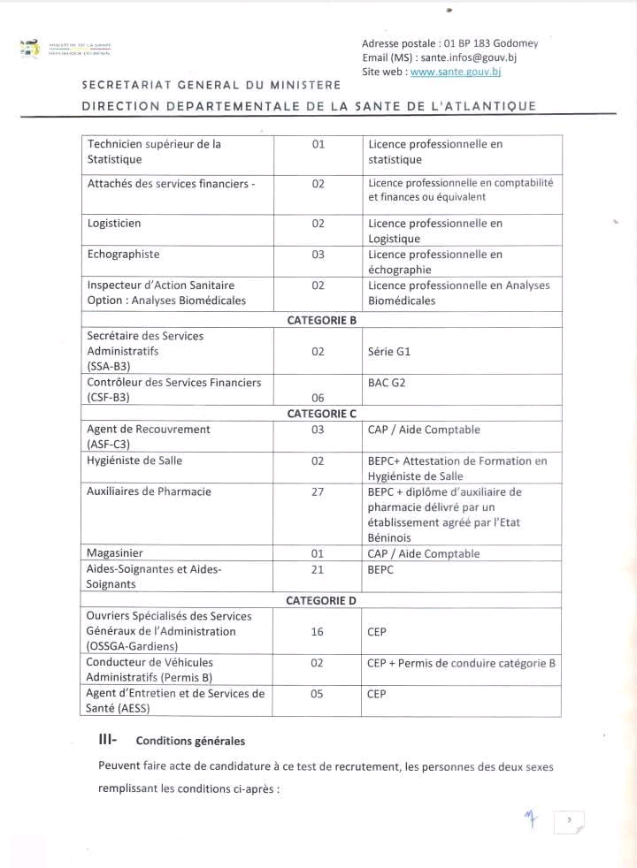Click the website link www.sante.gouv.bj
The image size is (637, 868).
456,72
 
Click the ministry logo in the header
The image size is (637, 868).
30,48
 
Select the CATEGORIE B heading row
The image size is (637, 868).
321,320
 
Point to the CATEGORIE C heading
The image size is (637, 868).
321,413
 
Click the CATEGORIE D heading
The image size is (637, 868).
321,600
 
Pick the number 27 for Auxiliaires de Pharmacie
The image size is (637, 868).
318,492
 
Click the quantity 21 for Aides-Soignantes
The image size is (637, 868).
318,570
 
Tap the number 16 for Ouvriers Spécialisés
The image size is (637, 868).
318,632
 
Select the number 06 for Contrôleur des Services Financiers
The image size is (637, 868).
318,398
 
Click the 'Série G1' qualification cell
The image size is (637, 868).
389,351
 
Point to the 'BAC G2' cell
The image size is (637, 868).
388,383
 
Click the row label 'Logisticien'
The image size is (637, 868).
114,224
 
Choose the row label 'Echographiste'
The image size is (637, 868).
123,255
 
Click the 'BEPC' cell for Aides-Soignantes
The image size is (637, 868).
381,570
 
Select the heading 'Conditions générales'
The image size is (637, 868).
190,741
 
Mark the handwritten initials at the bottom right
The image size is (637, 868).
531,820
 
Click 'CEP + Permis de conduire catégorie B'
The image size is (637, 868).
461,663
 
